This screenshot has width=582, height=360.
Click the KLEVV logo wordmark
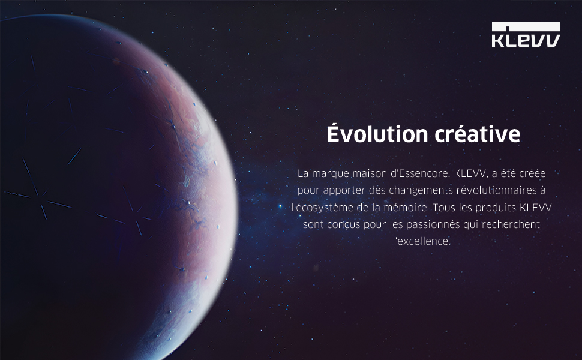point(526,40)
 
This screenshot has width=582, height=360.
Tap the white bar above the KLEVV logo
point(526,26)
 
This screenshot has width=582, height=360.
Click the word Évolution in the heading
point(377,134)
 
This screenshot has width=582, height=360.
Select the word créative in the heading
point(478,134)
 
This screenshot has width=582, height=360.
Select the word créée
point(532,173)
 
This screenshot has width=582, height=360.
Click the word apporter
point(344,191)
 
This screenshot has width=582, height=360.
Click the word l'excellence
point(422,241)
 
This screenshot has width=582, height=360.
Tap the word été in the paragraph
point(508,173)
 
